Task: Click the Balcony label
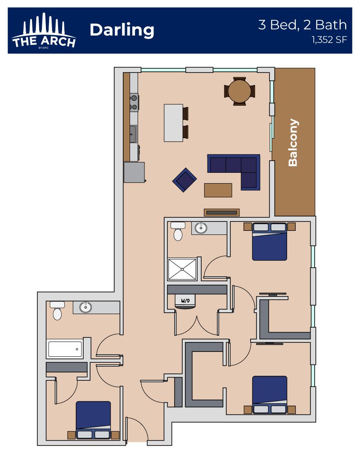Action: (293, 143)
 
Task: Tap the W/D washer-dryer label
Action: (185, 301)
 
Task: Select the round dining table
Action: (239, 91)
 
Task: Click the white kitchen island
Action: (174, 123)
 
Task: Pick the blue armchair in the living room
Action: (184, 180)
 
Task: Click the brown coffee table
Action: (218, 190)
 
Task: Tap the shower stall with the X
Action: (182, 269)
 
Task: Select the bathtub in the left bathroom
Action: (65, 349)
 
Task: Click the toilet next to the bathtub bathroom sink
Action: (57, 310)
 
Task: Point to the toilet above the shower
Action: (178, 231)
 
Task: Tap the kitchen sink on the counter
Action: (133, 134)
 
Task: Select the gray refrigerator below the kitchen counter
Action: (135, 172)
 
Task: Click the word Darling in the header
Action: (122, 31)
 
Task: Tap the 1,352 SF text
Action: (329, 40)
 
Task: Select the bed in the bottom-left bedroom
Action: (93, 420)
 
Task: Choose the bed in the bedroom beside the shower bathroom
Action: (270, 242)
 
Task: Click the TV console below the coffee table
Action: (221, 212)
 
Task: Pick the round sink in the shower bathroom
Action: (201, 228)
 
